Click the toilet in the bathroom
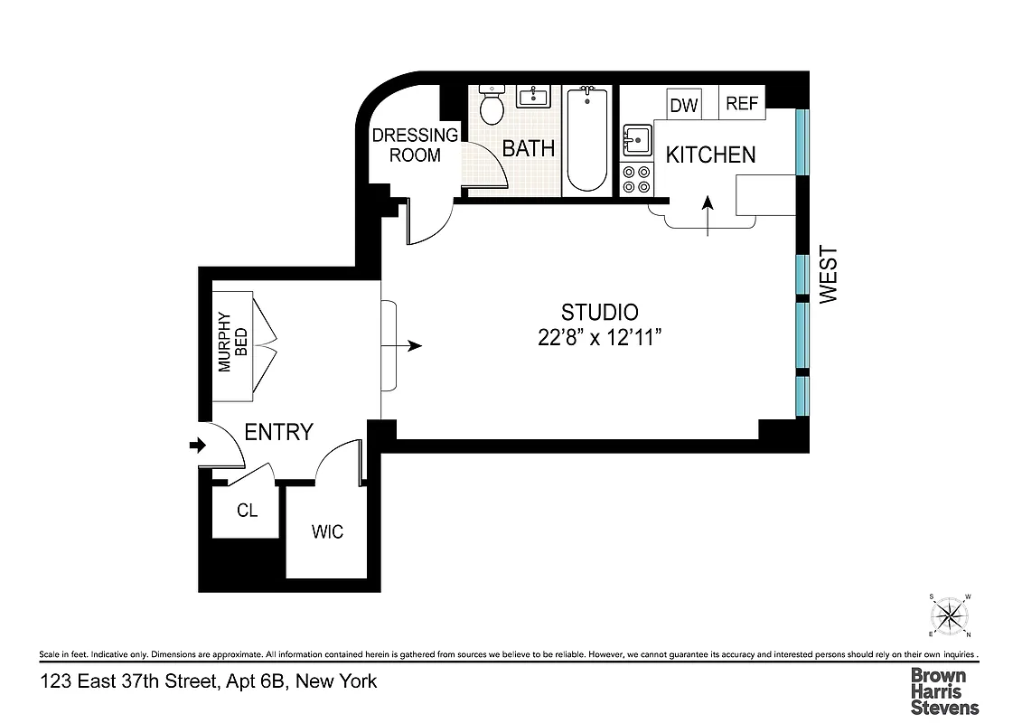492,108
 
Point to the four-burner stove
636,179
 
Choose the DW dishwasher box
685,105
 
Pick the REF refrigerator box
742,103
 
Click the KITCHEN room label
710,155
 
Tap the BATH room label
529,149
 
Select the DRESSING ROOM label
416,145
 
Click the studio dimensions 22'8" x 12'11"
600,338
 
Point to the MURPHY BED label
233,343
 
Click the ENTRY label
279,432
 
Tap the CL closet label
247,511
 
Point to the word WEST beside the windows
829,275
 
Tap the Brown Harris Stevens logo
943,691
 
